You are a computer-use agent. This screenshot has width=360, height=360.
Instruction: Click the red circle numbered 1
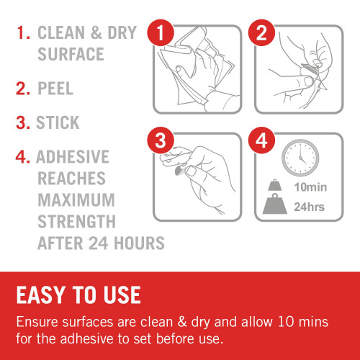tap(161, 33)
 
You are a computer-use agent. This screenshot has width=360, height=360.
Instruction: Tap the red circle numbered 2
tap(261, 33)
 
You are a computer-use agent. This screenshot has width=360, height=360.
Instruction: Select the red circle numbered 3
tap(161, 140)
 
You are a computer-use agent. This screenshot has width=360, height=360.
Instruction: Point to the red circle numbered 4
tap(261, 140)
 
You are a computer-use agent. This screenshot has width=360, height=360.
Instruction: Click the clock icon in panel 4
tap(300, 158)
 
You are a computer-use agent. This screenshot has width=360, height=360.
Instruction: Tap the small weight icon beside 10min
tap(275, 185)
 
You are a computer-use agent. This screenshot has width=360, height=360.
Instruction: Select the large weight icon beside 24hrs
tap(275, 204)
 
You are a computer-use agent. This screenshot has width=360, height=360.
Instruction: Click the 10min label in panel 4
tap(310, 187)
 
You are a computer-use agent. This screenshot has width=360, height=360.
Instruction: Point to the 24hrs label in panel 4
tap(310, 207)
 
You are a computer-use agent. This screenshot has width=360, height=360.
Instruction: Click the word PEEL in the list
tap(55, 89)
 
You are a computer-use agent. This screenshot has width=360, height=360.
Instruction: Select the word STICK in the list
tap(58, 122)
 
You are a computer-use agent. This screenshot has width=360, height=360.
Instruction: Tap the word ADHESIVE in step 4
tap(73, 157)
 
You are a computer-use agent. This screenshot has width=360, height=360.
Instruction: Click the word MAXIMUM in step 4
tap(76, 200)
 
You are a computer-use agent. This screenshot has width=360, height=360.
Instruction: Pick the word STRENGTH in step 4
tap(77, 222)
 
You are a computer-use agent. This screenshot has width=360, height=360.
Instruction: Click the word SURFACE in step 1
tap(71, 54)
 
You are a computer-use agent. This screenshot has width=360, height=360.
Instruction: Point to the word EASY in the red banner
tap(41, 295)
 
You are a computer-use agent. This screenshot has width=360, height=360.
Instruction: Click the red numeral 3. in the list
tap(23, 122)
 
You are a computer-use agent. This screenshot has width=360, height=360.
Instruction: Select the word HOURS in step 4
tap(139, 243)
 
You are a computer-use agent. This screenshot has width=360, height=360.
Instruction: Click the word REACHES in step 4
tap(71, 179)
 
